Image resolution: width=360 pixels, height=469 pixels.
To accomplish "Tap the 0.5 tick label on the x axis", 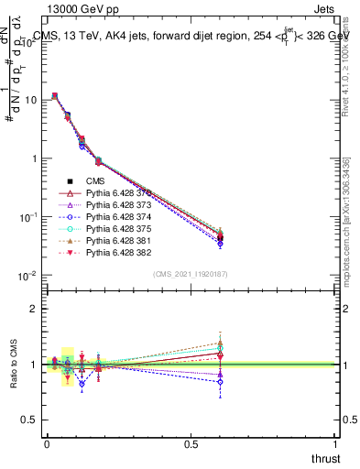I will click(191, 444).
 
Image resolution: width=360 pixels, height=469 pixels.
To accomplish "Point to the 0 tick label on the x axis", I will click(47, 444).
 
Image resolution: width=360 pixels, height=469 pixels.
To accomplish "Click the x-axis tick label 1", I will click(336, 444).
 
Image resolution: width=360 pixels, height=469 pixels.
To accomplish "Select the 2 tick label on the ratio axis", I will click(33, 309).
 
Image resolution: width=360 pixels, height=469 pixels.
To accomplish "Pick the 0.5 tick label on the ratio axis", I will click(29, 420).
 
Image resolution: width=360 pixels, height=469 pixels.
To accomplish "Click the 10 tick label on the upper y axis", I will click(30, 100).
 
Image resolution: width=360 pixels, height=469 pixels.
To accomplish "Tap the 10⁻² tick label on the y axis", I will click(27, 276).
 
